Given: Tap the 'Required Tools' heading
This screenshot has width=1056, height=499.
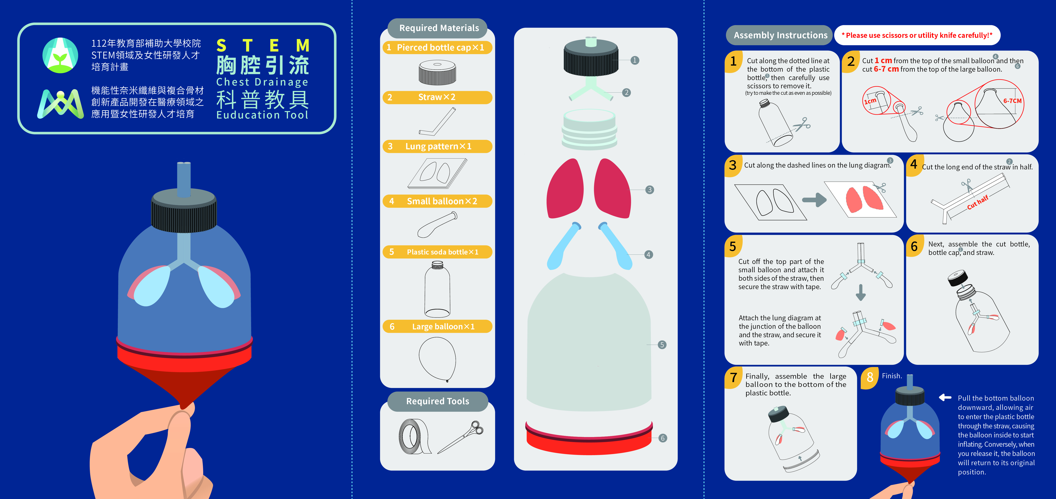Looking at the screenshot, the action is pos(437,401).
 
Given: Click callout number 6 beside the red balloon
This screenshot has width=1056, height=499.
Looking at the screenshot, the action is pos(663,438).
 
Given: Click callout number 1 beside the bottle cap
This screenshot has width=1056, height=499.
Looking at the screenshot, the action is pos(635,60).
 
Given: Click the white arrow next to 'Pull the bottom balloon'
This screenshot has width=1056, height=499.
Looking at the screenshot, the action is pos(945,397).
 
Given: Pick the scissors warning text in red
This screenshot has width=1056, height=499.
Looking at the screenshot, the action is pos(917,35).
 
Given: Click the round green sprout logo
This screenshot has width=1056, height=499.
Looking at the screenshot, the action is pos(60,55).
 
